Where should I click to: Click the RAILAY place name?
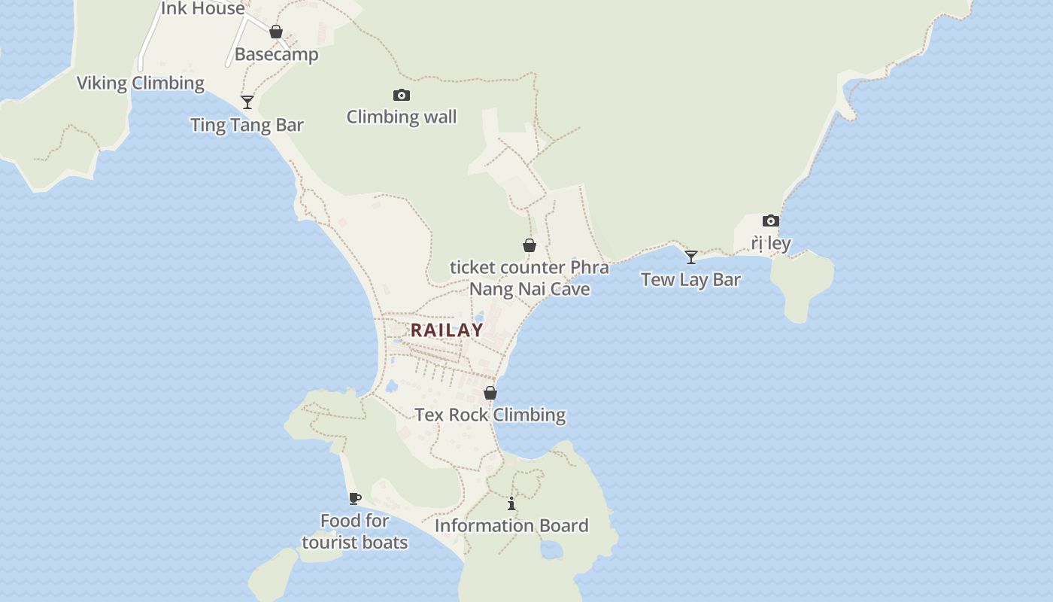point(447,330)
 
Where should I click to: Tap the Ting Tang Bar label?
point(247,125)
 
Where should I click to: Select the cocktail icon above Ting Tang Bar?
point(247,102)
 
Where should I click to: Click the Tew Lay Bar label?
point(690,280)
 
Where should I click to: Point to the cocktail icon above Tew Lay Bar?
point(691,257)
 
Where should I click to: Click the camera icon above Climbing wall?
point(402,95)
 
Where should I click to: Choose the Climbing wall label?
point(402,117)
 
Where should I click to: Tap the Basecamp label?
point(276,54)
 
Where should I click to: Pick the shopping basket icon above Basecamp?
point(276,32)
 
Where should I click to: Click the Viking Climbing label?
point(141,83)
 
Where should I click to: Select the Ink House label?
point(203,9)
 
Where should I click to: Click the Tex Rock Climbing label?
point(490,415)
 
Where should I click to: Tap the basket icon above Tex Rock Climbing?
point(490,393)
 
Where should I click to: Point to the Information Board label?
point(511,525)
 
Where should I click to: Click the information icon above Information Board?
point(511,503)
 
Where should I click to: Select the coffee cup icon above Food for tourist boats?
point(355,498)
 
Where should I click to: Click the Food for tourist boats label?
point(355,531)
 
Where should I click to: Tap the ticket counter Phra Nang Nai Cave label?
point(530,278)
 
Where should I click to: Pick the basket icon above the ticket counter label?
point(530,245)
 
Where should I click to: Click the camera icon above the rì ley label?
point(771,220)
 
